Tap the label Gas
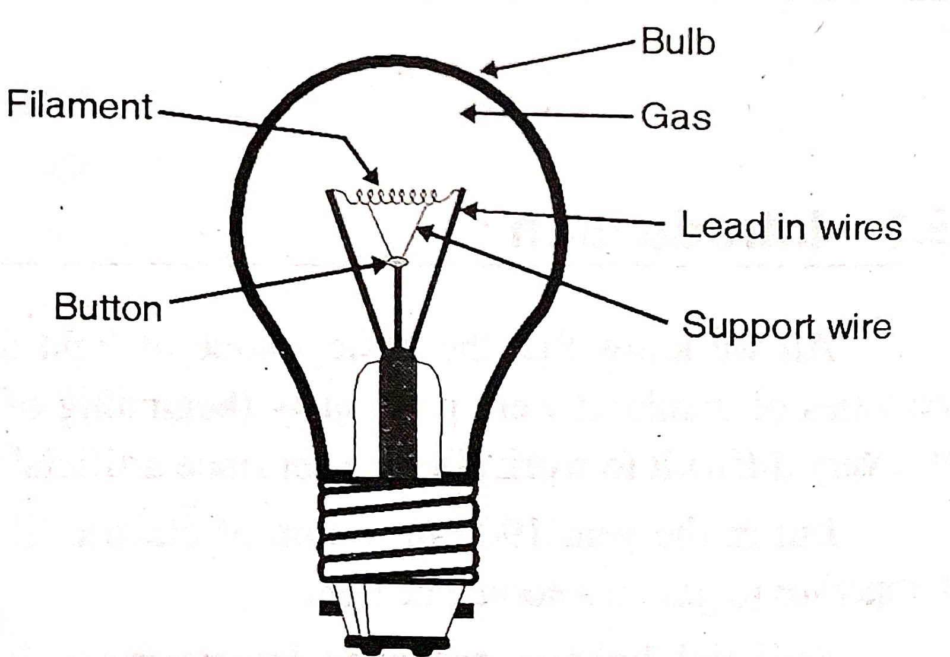676,116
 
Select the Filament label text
80,106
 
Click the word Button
108,308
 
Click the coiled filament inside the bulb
396,196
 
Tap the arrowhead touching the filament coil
373,177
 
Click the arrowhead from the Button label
380,265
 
